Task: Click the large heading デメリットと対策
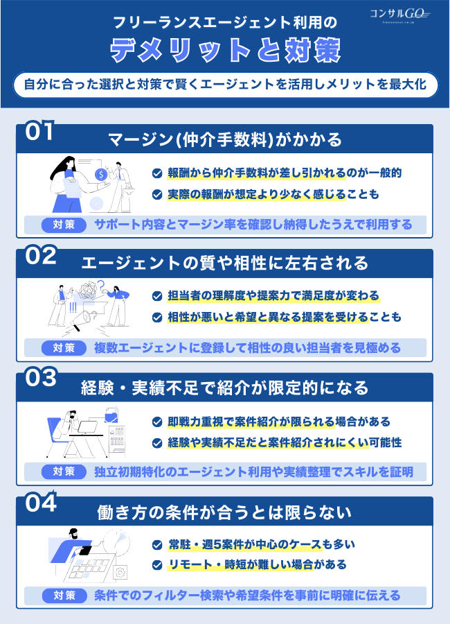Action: [225, 49]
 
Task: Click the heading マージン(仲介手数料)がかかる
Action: [225, 140]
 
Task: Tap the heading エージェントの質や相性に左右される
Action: [225, 264]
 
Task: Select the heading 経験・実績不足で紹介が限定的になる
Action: [225, 387]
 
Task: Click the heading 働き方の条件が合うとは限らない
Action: [225, 512]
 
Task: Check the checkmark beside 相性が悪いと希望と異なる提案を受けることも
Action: [157, 318]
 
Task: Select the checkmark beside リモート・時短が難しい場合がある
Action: [157, 565]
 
